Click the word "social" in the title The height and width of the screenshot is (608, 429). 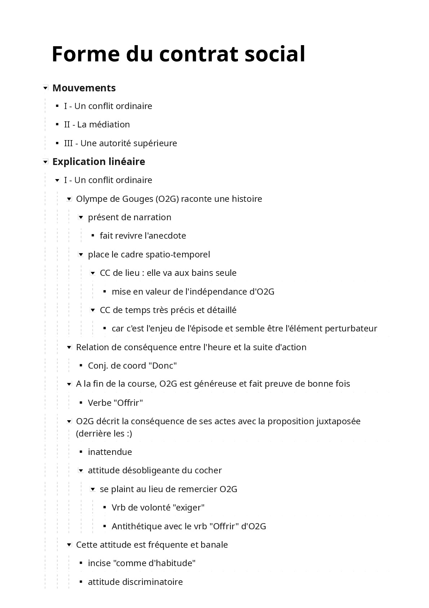[x=275, y=54]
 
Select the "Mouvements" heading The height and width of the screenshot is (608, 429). [x=84, y=88]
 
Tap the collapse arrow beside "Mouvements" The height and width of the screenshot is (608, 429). [x=45, y=88]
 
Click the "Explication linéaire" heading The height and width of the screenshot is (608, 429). [x=98, y=162]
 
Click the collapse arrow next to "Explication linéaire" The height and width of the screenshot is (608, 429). [x=45, y=162]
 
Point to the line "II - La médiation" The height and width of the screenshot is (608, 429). [x=97, y=125]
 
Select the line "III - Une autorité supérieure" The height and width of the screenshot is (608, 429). [x=120, y=143]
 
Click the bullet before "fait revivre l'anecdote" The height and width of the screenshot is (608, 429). [x=93, y=235]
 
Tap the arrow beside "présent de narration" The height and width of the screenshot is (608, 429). [x=81, y=217]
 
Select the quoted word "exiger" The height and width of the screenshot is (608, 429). [x=189, y=508]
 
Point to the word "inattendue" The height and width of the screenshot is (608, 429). [x=110, y=452]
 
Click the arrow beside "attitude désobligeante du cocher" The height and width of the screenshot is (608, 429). [x=81, y=470]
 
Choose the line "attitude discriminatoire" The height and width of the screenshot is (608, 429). [x=135, y=582]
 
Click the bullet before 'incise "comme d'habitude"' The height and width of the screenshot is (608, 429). [x=81, y=563]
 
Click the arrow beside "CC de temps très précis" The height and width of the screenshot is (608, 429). [x=93, y=310]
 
